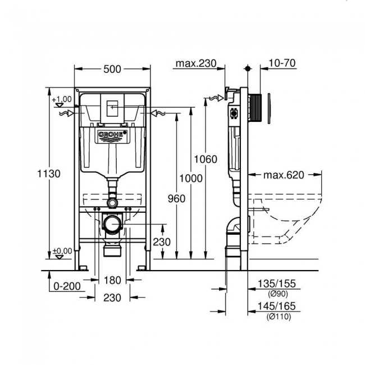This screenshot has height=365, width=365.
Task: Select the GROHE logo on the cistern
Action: tap(113, 135)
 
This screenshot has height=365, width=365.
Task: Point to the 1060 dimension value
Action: tap(206, 159)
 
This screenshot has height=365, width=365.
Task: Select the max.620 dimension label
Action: tap(284, 175)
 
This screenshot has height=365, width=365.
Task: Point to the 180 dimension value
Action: tap(113, 280)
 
